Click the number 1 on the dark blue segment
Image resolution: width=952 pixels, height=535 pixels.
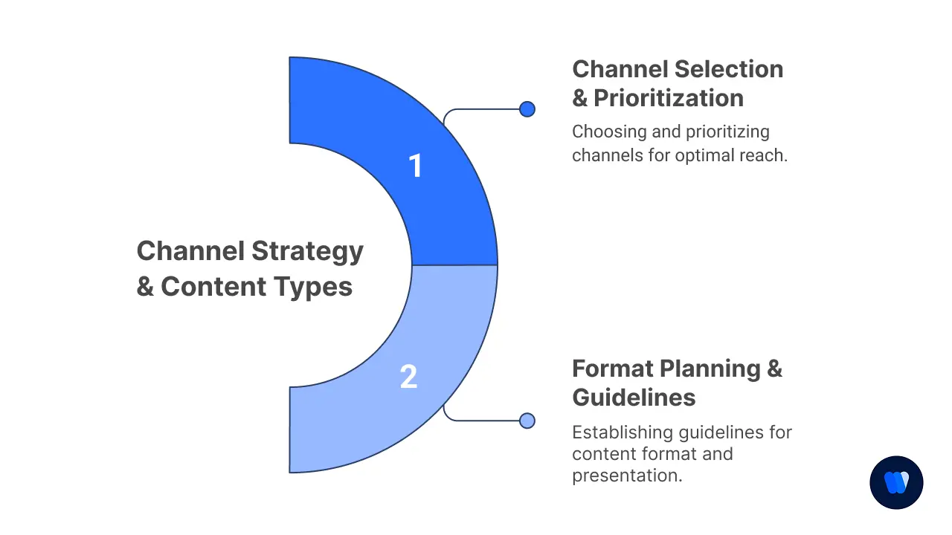point(416,166)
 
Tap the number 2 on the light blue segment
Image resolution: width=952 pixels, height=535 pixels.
point(408,377)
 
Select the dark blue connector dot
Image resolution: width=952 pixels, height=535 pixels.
point(527,109)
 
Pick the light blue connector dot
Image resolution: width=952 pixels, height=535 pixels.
point(527,421)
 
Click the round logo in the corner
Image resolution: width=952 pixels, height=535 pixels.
point(896,482)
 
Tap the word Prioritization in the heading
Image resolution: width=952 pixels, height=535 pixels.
point(669,98)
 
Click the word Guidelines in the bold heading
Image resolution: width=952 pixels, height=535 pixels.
point(634,398)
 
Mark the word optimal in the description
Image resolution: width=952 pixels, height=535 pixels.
point(703,156)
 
